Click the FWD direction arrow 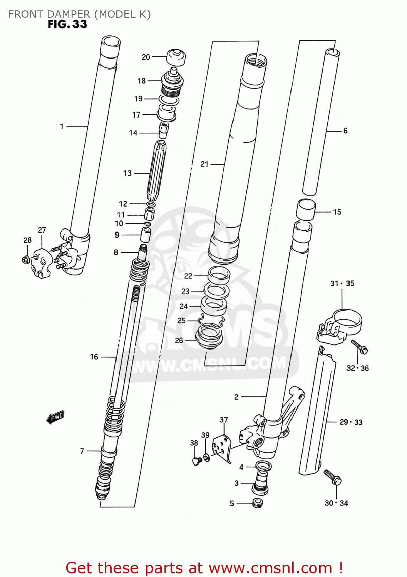point(55,417)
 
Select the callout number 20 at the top point(146,57)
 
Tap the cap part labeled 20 point(176,57)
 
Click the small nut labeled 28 point(26,259)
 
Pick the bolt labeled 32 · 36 point(360,347)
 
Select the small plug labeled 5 point(257,503)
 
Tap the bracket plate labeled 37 point(222,448)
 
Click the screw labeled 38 point(197,460)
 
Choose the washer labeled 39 point(206,457)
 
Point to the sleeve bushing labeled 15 point(306,210)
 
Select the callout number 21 point(204,164)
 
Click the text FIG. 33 point(67,24)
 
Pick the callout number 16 point(94,357)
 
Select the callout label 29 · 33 point(351,422)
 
